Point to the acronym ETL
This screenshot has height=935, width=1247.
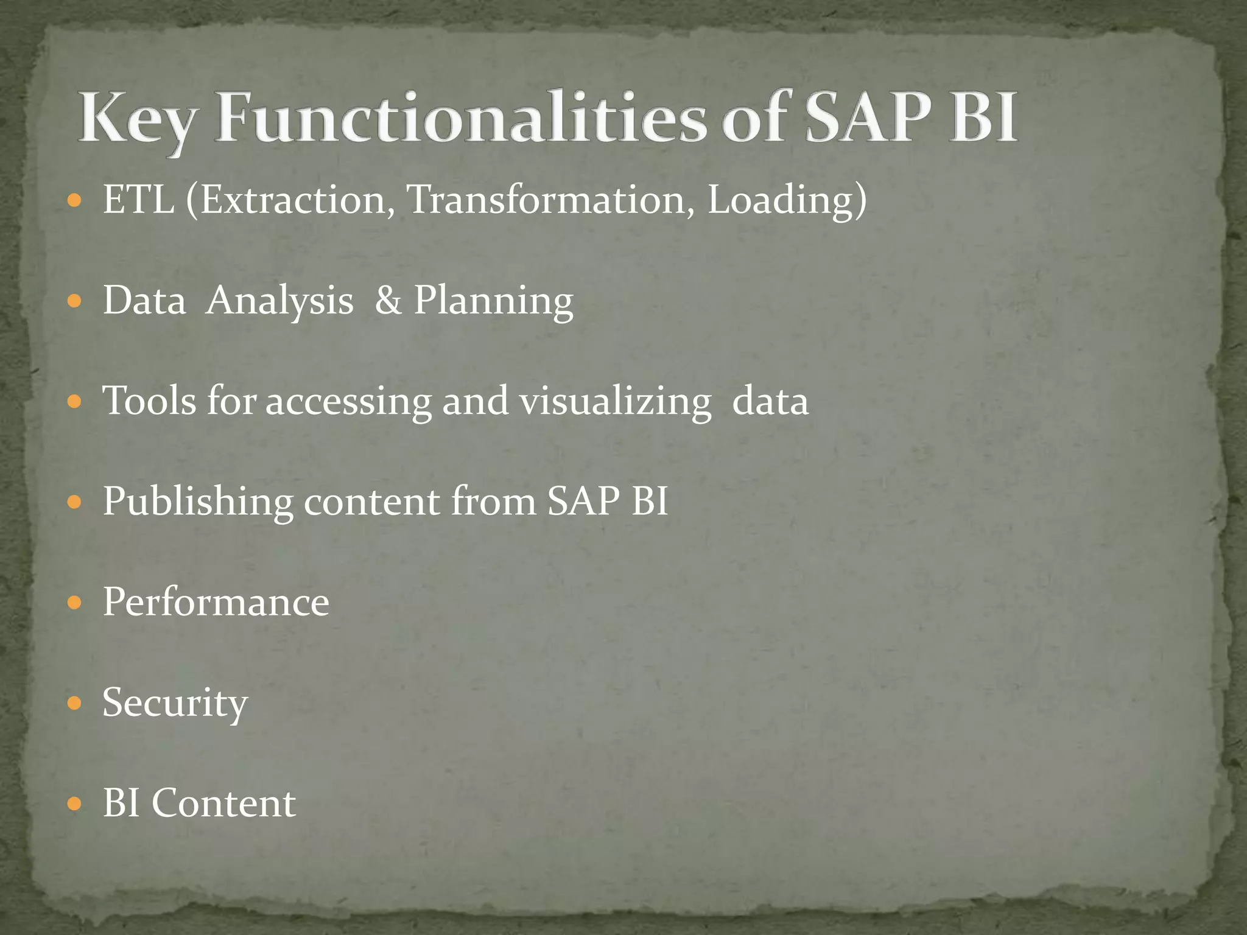click(x=138, y=199)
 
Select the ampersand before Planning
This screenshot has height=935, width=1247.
click(x=388, y=300)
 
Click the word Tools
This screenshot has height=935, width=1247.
click(x=150, y=401)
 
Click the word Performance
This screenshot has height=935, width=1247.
click(x=216, y=602)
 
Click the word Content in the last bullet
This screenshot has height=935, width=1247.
click(x=223, y=803)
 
